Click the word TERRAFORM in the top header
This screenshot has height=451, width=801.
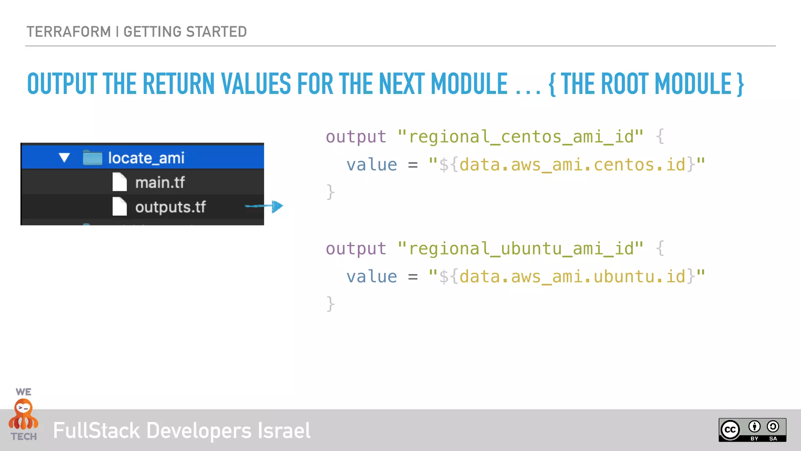(x=69, y=32)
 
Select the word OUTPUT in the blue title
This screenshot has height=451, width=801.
(x=62, y=84)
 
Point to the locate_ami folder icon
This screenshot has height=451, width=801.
(x=93, y=158)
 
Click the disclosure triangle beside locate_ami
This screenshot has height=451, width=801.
(x=64, y=158)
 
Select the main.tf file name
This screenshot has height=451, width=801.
(x=160, y=182)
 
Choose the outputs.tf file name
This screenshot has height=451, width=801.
(x=171, y=207)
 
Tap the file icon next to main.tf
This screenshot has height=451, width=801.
(x=120, y=182)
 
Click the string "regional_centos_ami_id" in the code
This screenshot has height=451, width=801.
(x=521, y=137)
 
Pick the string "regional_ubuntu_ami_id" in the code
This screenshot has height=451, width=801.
(x=521, y=249)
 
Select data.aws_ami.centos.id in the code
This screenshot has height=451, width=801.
(x=572, y=165)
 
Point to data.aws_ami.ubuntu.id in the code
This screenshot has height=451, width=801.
(x=572, y=277)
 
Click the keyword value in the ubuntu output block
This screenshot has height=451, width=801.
(x=372, y=277)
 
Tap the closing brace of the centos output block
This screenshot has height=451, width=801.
(x=330, y=192)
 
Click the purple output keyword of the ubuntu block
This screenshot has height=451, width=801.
(x=356, y=249)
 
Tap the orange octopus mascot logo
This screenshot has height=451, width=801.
(x=24, y=415)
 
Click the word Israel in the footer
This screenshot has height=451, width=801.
(x=284, y=431)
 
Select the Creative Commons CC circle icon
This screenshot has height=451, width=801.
(x=730, y=430)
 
